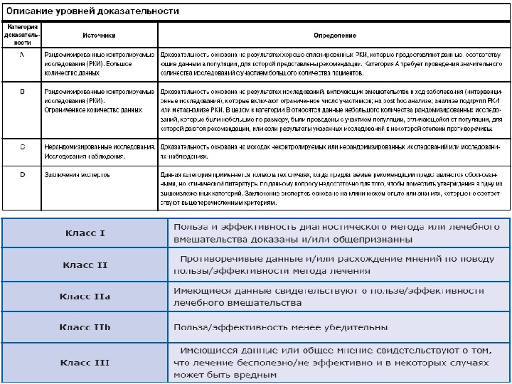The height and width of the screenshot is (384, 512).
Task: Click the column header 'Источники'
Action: coord(100,36)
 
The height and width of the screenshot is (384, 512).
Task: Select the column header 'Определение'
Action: coord(335,36)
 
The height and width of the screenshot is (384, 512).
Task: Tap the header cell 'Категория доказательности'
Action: coord(23,36)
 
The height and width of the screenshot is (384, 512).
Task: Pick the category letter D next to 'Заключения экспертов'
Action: coord(23,175)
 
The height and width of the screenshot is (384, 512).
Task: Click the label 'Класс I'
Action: coord(85,233)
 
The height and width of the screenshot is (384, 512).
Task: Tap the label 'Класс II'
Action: coord(85,265)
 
